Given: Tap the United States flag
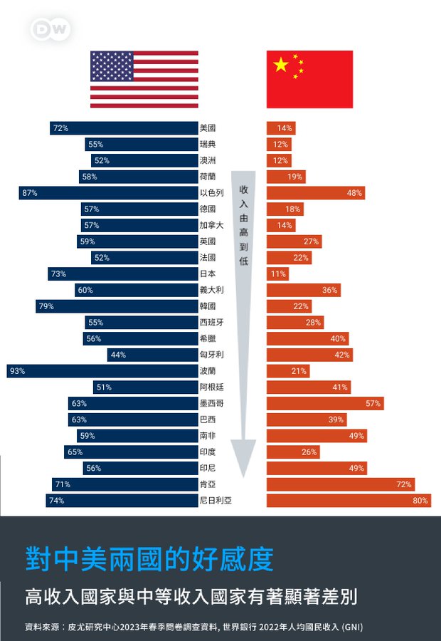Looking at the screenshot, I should [x=144, y=79].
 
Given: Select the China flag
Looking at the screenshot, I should [x=309, y=79].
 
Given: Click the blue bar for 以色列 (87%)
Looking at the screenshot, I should [x=108, y=193].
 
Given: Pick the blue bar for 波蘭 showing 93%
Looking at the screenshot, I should [x=102, y=371].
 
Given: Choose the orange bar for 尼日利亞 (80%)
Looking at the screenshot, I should [x=349, y=501].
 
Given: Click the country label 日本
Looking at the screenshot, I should [x=208, y=274].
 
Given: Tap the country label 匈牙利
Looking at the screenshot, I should [x=211, y=355].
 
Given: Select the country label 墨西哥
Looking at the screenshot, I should [x=211, y=404].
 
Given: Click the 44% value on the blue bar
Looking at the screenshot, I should [x=118, y=355].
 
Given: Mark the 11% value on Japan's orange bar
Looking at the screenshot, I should [x=278, y=274].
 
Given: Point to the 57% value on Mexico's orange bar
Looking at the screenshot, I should [x=373, y=404].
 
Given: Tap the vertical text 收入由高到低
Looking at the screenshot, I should [x=243, y=224].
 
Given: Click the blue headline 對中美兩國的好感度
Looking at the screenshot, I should [x=149, y=559].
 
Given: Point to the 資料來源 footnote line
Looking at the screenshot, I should [x=193, y=627].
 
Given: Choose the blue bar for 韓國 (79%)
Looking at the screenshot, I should [x=117, y=306].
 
